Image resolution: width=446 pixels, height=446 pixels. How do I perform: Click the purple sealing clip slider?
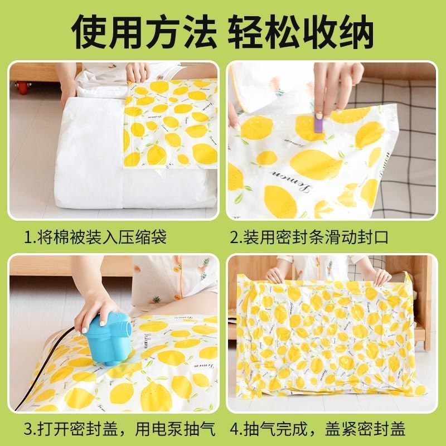(318, 123)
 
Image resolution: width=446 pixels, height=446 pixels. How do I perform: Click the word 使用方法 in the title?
(144, 32)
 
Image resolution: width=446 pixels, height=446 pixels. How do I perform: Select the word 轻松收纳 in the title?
(300, 32)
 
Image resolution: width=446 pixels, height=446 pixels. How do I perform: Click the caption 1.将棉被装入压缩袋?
(95, 237)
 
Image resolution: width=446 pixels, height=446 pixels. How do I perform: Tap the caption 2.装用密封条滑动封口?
(309, 237)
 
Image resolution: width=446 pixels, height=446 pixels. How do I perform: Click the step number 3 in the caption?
(28, 429)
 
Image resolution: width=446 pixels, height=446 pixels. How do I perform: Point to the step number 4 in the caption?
(235, 429)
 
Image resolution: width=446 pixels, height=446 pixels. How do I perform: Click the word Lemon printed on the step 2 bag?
(290, 179)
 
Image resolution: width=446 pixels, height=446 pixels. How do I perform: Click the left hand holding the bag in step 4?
(275, 275)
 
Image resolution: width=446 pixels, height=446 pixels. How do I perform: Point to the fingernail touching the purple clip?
(319, 115)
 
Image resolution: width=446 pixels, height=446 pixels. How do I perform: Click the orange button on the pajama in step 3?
(178, 297)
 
